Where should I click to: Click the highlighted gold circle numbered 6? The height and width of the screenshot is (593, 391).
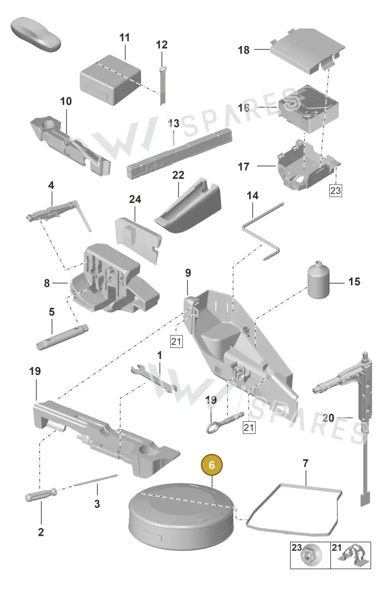(x=212, y=465)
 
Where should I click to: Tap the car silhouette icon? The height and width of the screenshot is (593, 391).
(x=36, y=35)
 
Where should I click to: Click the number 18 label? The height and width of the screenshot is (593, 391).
(x=243, y=50)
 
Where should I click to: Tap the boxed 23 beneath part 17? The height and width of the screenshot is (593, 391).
(x=335, y=190)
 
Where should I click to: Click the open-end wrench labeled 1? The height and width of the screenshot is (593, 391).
(x=154, y=379)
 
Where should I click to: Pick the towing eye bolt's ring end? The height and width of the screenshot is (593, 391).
(x=213, y=427)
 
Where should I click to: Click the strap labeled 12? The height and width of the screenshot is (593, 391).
(x=162, y=86)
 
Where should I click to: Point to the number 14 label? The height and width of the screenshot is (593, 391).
(x=252, y=196)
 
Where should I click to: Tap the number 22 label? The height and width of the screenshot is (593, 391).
(x=178, y=175)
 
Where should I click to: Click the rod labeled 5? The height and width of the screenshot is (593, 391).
(x=63, y=337)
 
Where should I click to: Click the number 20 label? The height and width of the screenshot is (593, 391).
(x=328, y=418)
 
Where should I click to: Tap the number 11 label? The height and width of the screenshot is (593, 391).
(x=125, y=38)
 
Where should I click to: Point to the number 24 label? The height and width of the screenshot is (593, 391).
(x=135, y=199)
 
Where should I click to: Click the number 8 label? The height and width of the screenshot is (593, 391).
(x=47, y=283)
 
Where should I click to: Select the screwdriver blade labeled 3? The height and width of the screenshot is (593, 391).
(x=96, y=480)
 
